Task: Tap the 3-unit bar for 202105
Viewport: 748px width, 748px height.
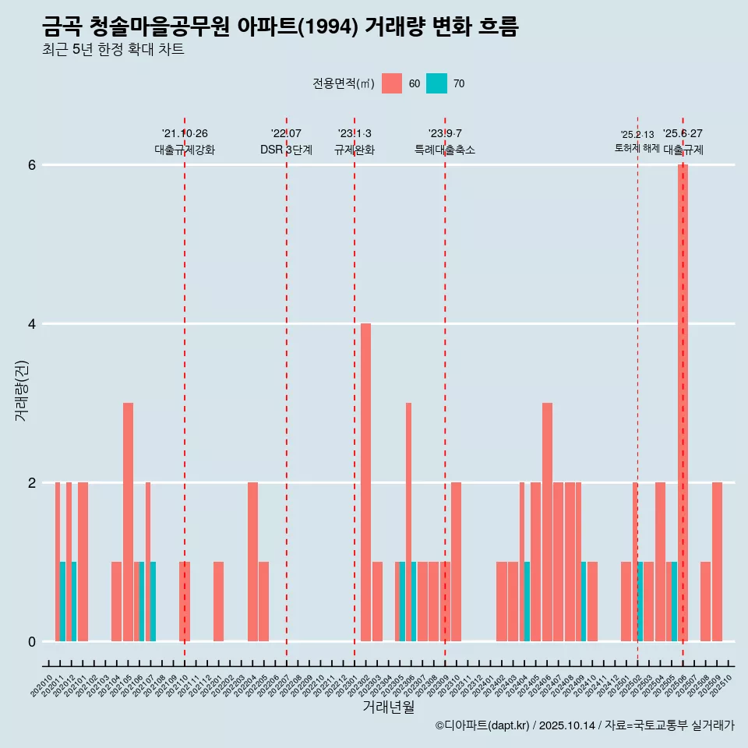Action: click(128, 521)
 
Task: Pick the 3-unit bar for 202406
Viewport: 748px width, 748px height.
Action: click(547, 521)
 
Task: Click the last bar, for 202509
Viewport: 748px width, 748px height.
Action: click(717, 561)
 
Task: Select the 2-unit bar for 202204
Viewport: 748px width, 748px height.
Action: click(252, 561)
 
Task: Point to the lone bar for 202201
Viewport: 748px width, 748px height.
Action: click(219, 601)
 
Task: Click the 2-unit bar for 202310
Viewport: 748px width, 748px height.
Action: click(456, 561)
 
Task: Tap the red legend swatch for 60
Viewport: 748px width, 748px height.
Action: click(392, 83)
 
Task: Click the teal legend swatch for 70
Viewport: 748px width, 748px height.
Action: click(436, 83)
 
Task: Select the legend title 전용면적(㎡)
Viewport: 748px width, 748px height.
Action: click(344, 84)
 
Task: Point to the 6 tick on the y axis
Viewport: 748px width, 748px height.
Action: click(32, 165)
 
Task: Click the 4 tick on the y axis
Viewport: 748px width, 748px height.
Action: click(32, 323)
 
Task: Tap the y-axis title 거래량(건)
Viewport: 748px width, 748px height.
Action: click(21, 390)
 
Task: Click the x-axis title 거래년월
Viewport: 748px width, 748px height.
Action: click(388, 707)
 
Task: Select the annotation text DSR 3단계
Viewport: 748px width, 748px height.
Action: click(286, 150)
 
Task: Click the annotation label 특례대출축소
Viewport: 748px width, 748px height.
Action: click(444, 150)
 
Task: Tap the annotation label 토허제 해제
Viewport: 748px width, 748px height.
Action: click(637, 148)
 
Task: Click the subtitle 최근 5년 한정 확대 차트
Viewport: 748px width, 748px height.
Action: click(113, 50)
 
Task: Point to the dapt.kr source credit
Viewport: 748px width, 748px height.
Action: click(584, 725)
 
